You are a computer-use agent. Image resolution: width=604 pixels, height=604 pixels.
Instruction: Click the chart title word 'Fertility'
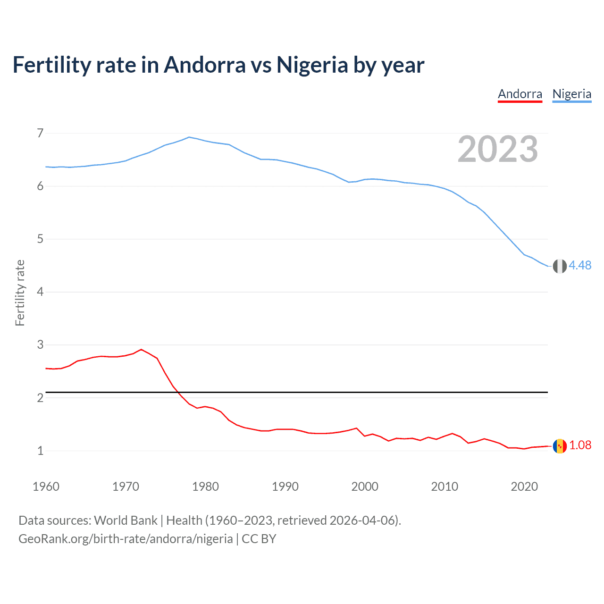[x=51, y=65]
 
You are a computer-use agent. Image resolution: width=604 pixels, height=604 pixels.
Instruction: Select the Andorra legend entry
[x=520, y=94]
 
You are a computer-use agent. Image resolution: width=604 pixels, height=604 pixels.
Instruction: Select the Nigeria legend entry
[x=571, y=94]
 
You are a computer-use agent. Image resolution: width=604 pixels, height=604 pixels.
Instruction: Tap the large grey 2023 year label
[x=498, y=149]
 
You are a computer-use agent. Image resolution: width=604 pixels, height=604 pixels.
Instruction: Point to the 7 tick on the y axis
[x=40, y=133]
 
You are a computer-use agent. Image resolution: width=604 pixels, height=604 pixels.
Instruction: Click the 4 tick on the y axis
[x=40, y=292]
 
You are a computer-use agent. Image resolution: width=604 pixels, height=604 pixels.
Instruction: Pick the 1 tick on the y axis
[x=40, y=451]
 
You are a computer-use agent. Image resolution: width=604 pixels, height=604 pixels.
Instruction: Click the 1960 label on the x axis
[x=46, y=487]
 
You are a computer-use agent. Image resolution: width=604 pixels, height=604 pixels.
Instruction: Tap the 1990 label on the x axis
[x=285, y=487]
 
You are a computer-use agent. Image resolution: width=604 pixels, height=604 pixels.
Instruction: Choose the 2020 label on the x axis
[x=524, y=487]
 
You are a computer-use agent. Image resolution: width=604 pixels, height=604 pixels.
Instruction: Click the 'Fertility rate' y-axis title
[x=20, y=293]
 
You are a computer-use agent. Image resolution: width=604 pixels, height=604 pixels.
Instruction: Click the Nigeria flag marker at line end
[x=560, y=266]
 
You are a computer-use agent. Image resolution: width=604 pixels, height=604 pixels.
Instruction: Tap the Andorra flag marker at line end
[x=560, y=446]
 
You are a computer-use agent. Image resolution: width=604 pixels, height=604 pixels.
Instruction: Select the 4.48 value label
[x=580, y=266]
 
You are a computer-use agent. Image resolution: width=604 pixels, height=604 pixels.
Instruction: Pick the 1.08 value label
[x=580, y=445]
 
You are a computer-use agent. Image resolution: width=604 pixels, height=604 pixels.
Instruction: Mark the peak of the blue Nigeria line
[x=189, y=137]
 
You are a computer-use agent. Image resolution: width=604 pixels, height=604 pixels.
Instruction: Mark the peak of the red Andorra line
[x=141, y=350]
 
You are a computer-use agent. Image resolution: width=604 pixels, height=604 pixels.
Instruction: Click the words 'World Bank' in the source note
[x=126, y=520]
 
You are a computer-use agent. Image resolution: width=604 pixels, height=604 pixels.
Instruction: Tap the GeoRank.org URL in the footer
[x=126, y=539]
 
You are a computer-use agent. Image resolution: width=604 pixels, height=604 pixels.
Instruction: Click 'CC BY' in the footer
[x=259, y=539]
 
